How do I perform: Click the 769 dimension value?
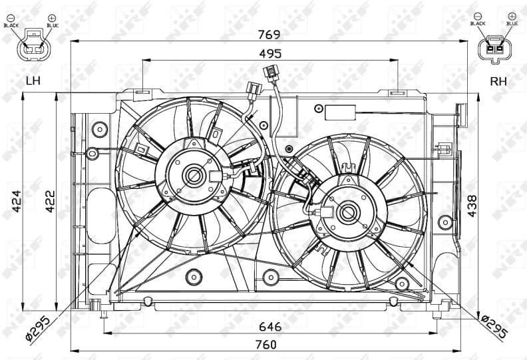coord(269,33)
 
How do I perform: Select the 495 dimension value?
coord(270,53)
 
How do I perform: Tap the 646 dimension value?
coord(270,326)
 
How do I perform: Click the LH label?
coord(33,81)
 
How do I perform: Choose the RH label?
coord(498,81)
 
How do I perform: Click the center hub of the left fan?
coord(195,176)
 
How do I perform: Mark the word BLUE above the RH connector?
coord(511,23)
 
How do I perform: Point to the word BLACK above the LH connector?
coord(12,25)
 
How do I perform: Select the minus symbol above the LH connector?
coord(12,16)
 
